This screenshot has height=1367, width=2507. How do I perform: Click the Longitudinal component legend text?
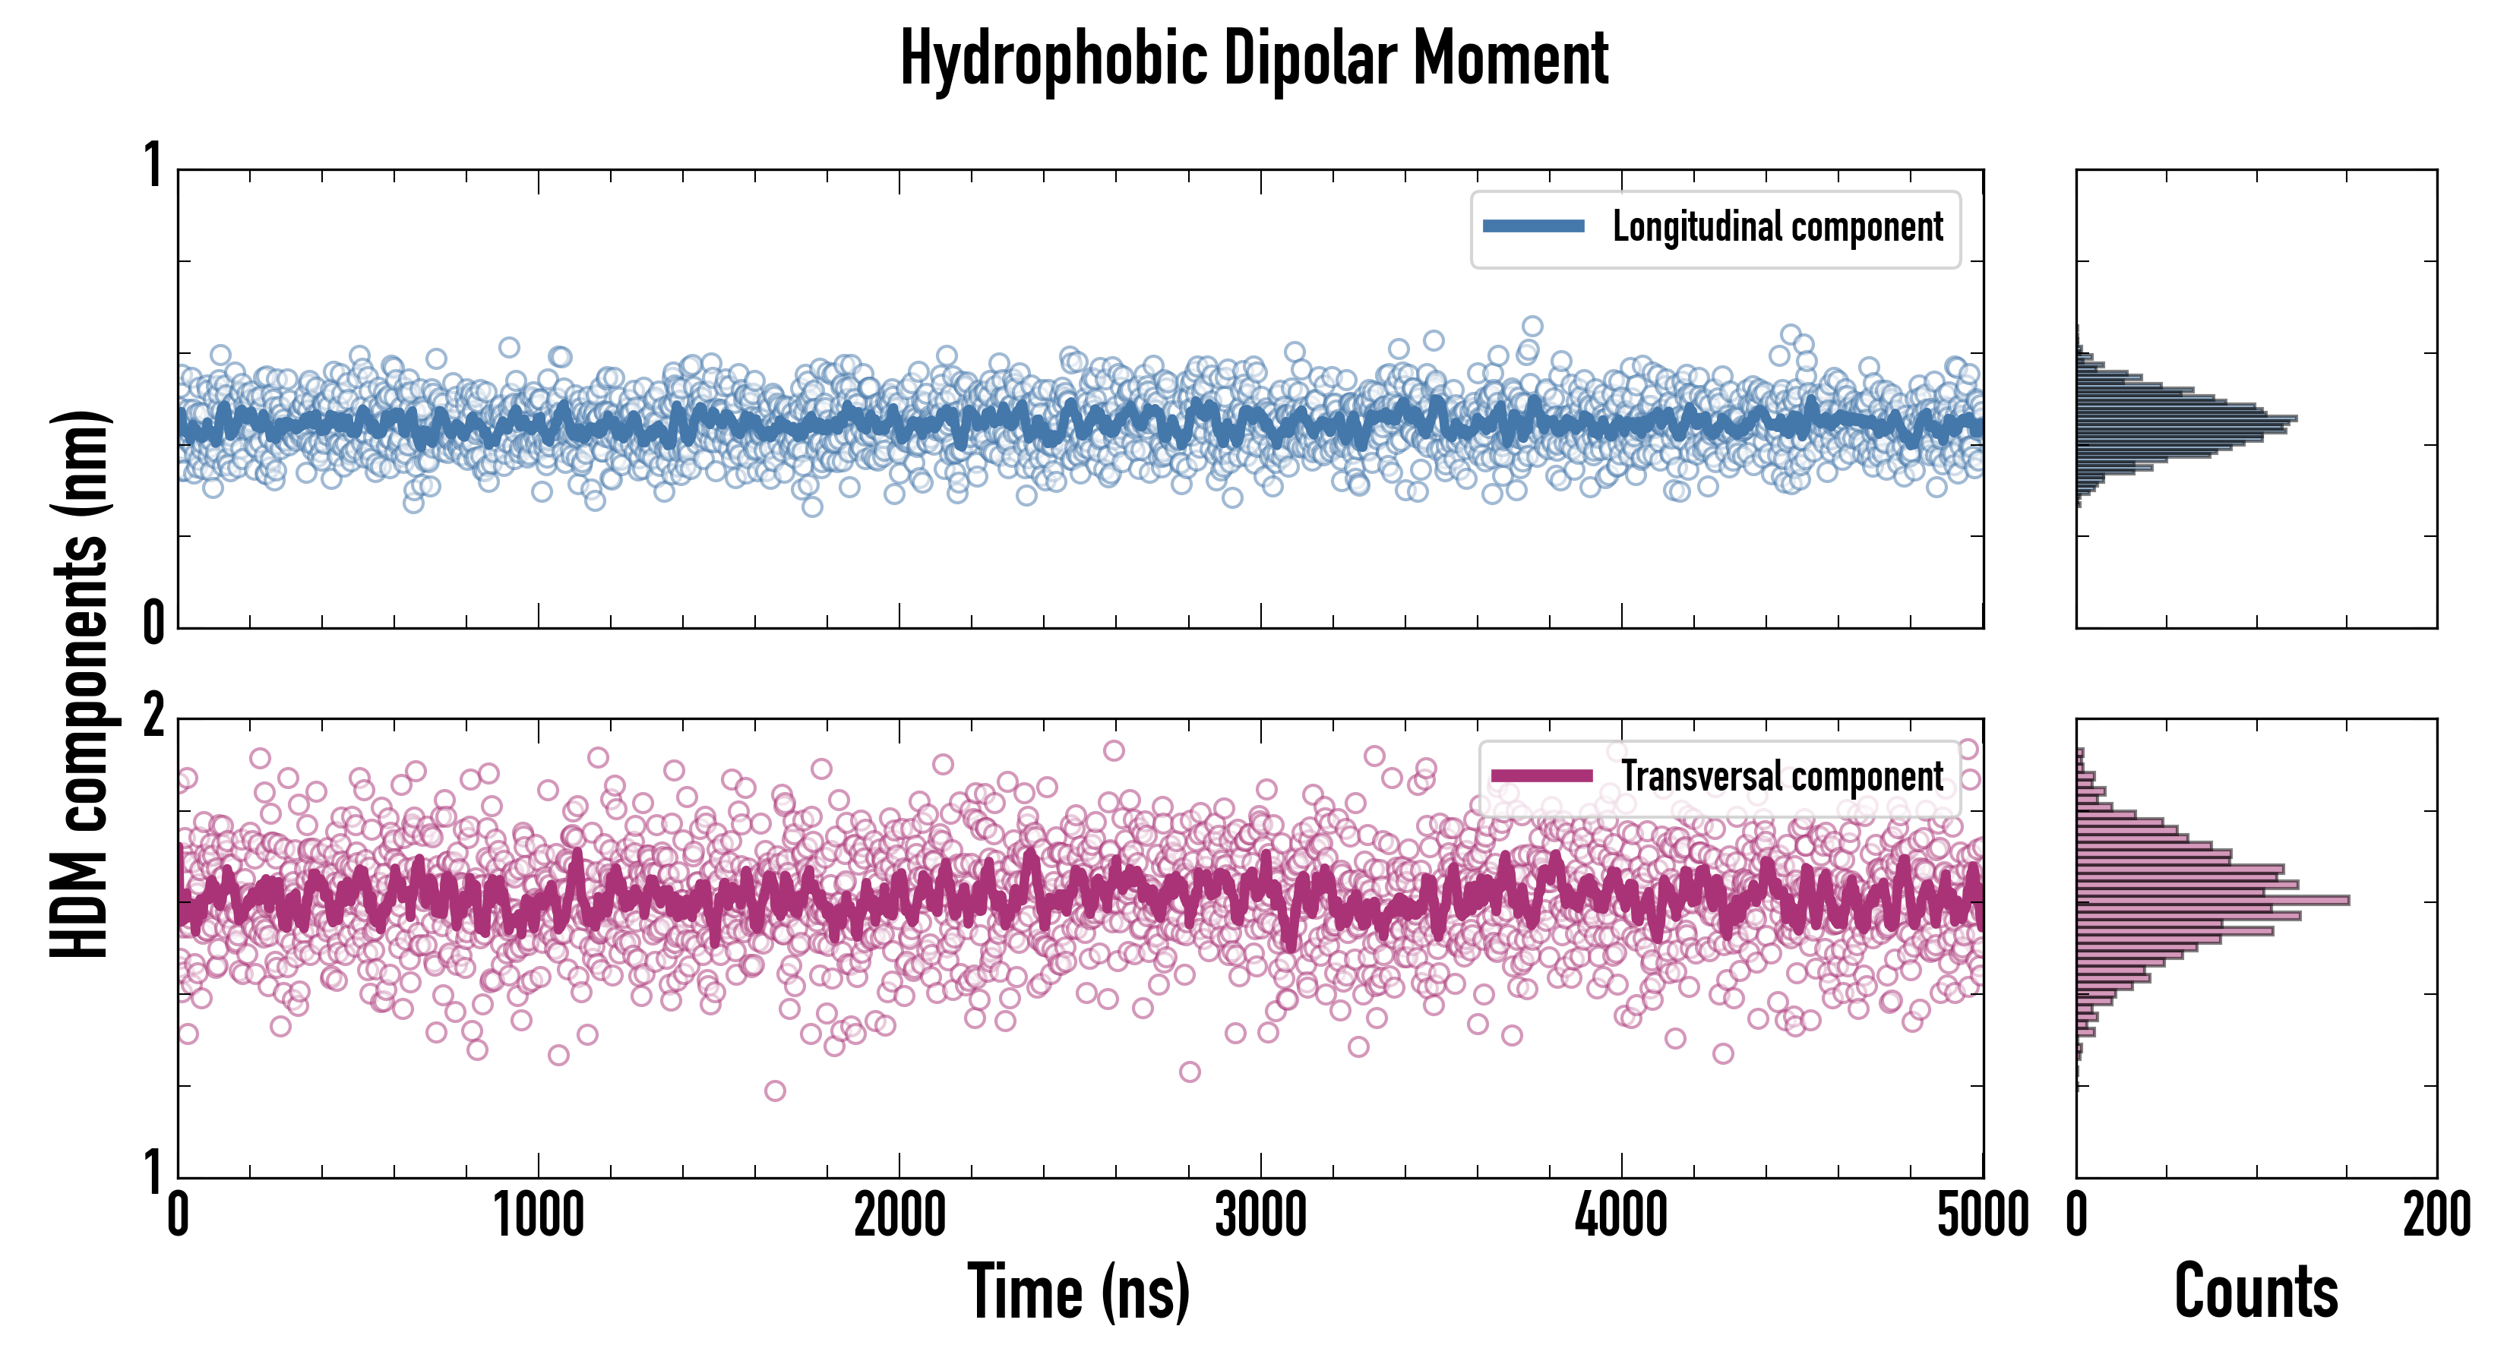[1777, 227]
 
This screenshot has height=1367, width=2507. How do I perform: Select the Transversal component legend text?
[1782, 776]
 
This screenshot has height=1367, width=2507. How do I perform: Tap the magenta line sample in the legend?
[1541, 775]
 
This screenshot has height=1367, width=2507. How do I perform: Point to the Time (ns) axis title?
[1078, 1292]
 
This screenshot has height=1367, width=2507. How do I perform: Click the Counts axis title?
[2256, 1292]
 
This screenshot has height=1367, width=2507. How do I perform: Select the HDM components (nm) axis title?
[80, 684]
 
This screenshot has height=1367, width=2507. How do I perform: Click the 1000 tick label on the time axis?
[538, 1215]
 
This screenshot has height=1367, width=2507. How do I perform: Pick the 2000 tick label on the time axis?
[899, 1215]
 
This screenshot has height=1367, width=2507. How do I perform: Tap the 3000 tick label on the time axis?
[1260, 1215]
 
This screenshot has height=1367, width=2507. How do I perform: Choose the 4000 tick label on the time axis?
[1621, 1215]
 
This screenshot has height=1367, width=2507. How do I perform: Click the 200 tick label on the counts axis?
[2436, 1215]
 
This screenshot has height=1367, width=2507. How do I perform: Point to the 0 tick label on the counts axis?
[2077, 1215]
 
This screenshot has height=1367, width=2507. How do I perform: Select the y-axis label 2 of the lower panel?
[153, 718]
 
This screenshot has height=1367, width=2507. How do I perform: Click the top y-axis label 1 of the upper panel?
[153, 166]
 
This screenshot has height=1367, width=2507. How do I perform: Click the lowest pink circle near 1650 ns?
[775, 1091]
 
